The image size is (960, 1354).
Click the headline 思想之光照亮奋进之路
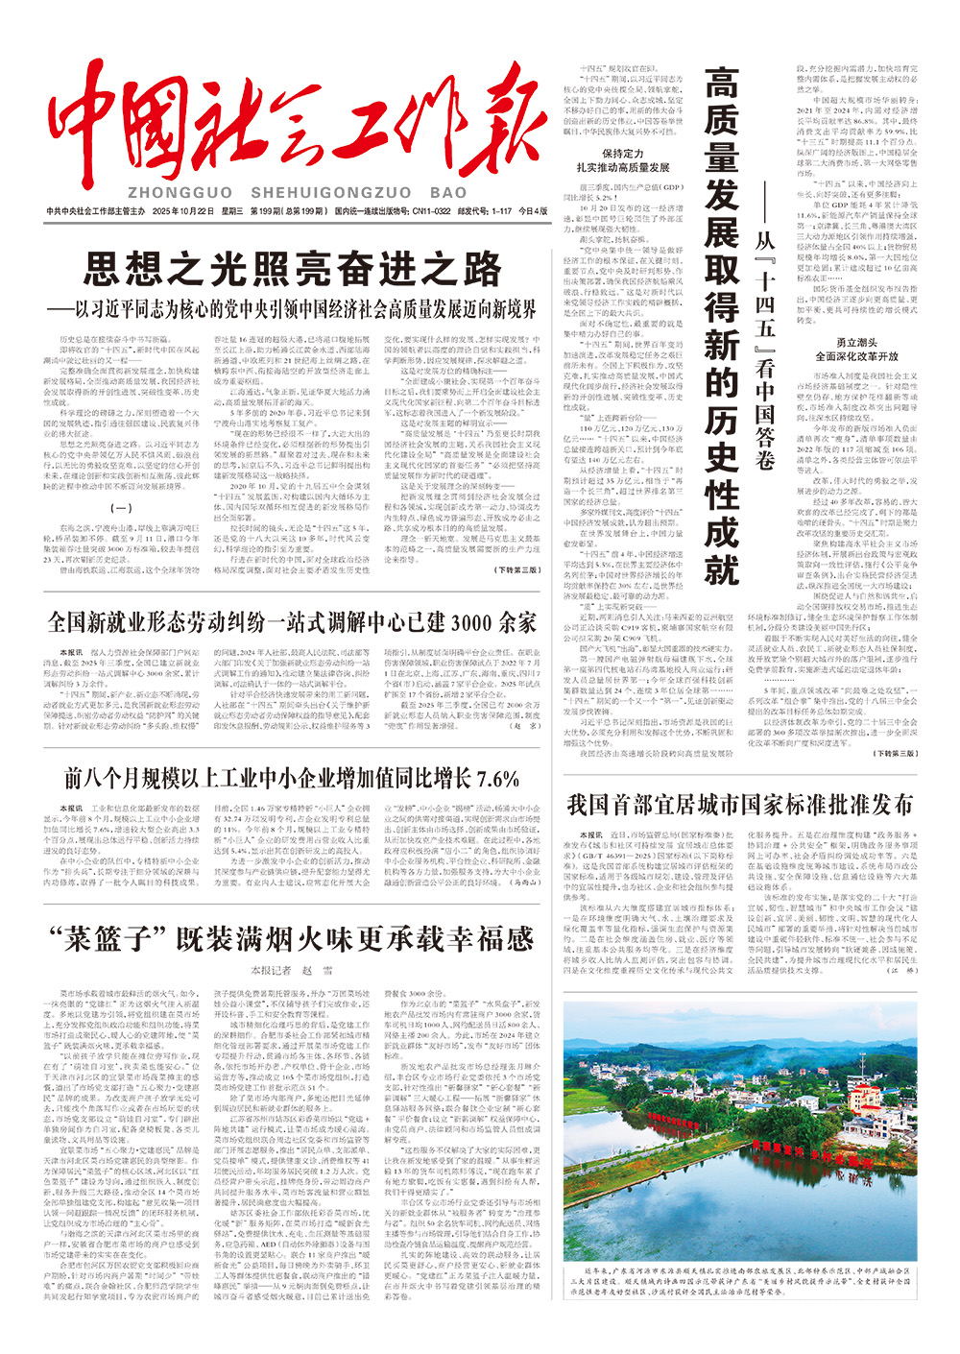tap(293, 268)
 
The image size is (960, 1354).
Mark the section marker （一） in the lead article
tap(123, 509)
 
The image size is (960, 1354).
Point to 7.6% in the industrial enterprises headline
tap(497, 778)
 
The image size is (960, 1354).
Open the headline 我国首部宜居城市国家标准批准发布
tap(739, 804)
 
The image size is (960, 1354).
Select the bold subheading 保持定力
tap(623, 153)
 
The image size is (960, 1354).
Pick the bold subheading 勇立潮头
tap(854, 343)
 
